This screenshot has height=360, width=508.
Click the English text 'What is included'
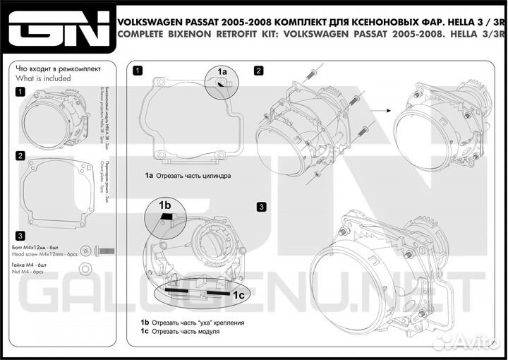pos(44,78)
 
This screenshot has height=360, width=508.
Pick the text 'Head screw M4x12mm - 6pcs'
pos(44,256)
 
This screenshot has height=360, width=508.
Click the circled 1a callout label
pos(222,72)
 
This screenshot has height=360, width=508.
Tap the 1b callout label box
pos(165,205)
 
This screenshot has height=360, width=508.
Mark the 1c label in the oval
pos(239,296)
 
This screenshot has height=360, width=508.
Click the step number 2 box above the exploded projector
pos(259,71)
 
